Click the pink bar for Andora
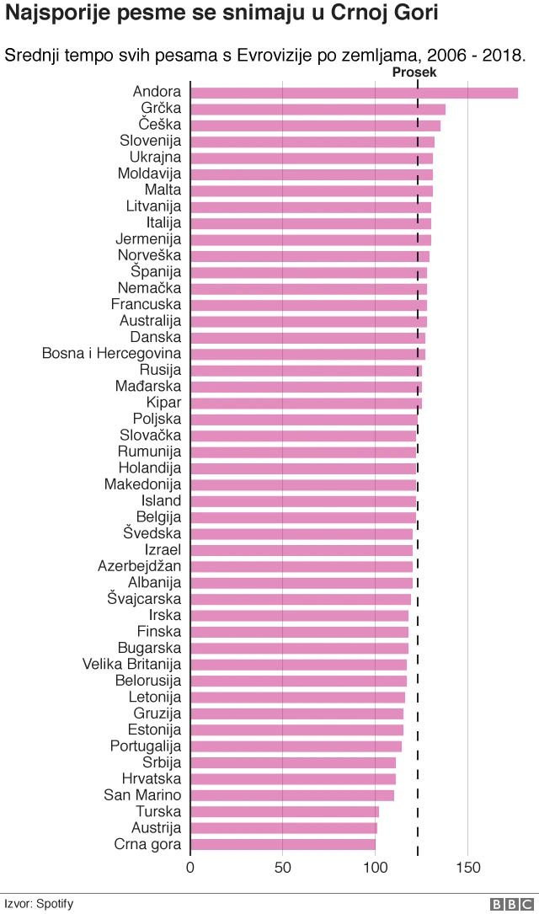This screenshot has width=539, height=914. (354, 93)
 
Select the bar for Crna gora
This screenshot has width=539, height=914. (283, 844)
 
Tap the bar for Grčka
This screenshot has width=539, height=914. (318, 109)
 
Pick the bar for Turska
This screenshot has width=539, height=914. (285, 812)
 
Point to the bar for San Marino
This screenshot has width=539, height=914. (292, 795)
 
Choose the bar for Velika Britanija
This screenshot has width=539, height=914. (298, 665)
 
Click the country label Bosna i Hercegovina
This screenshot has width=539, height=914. (111, 354)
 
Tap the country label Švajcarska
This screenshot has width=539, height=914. (144, 599)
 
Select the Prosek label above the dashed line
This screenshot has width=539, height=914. (414, 73)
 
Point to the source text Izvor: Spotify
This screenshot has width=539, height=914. (39, 904)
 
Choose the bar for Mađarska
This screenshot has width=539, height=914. (306, 387)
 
